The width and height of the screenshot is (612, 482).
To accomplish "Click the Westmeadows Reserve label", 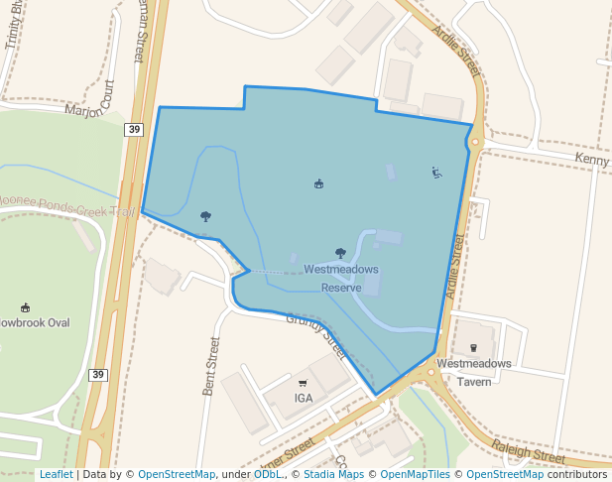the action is (x=341, y=278).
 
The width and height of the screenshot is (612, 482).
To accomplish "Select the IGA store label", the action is (x=304, y=398).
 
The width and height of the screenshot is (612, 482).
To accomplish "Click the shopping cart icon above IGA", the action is (x=303, y=383).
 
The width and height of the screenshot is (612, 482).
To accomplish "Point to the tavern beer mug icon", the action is (x=473, y=347).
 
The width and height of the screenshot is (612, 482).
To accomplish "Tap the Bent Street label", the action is (x=210, y=366).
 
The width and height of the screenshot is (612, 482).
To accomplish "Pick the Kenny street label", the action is (x=592, y=159).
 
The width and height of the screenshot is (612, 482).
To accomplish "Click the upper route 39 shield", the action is (x=134, y=129).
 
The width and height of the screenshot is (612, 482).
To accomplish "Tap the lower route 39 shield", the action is (x=97, y=374).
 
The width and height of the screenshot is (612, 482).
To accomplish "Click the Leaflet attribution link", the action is (x=56, y=475).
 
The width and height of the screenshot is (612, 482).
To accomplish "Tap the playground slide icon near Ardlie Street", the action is (x=436, y=173).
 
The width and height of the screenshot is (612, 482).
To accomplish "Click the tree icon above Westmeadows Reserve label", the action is (x=341, y=253).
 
